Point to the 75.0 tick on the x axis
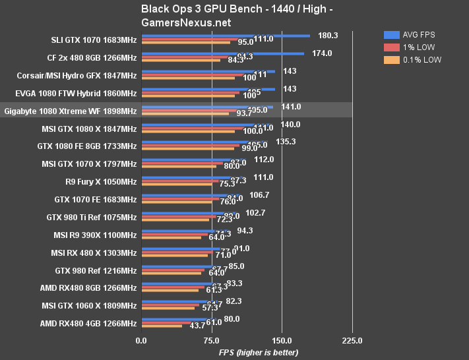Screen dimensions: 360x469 [x=211, y=341]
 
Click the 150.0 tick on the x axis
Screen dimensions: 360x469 [x=282, y=341]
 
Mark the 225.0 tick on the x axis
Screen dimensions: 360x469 [x=352, y=341]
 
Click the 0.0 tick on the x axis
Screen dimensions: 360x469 [x=141, y=341]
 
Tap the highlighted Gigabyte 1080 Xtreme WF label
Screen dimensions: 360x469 [x=71, y=110]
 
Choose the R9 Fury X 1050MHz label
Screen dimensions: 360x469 [x=96, y=181]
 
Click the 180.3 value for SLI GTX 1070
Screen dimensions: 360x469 [x=328, y=36]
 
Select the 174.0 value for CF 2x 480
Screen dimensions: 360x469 [x=322, y=53]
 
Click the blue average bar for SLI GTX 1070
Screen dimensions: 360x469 [x=225, y=36]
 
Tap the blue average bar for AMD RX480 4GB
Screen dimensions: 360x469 [x=178, y=319]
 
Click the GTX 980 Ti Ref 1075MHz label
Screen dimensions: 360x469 [x=92, y=217]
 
